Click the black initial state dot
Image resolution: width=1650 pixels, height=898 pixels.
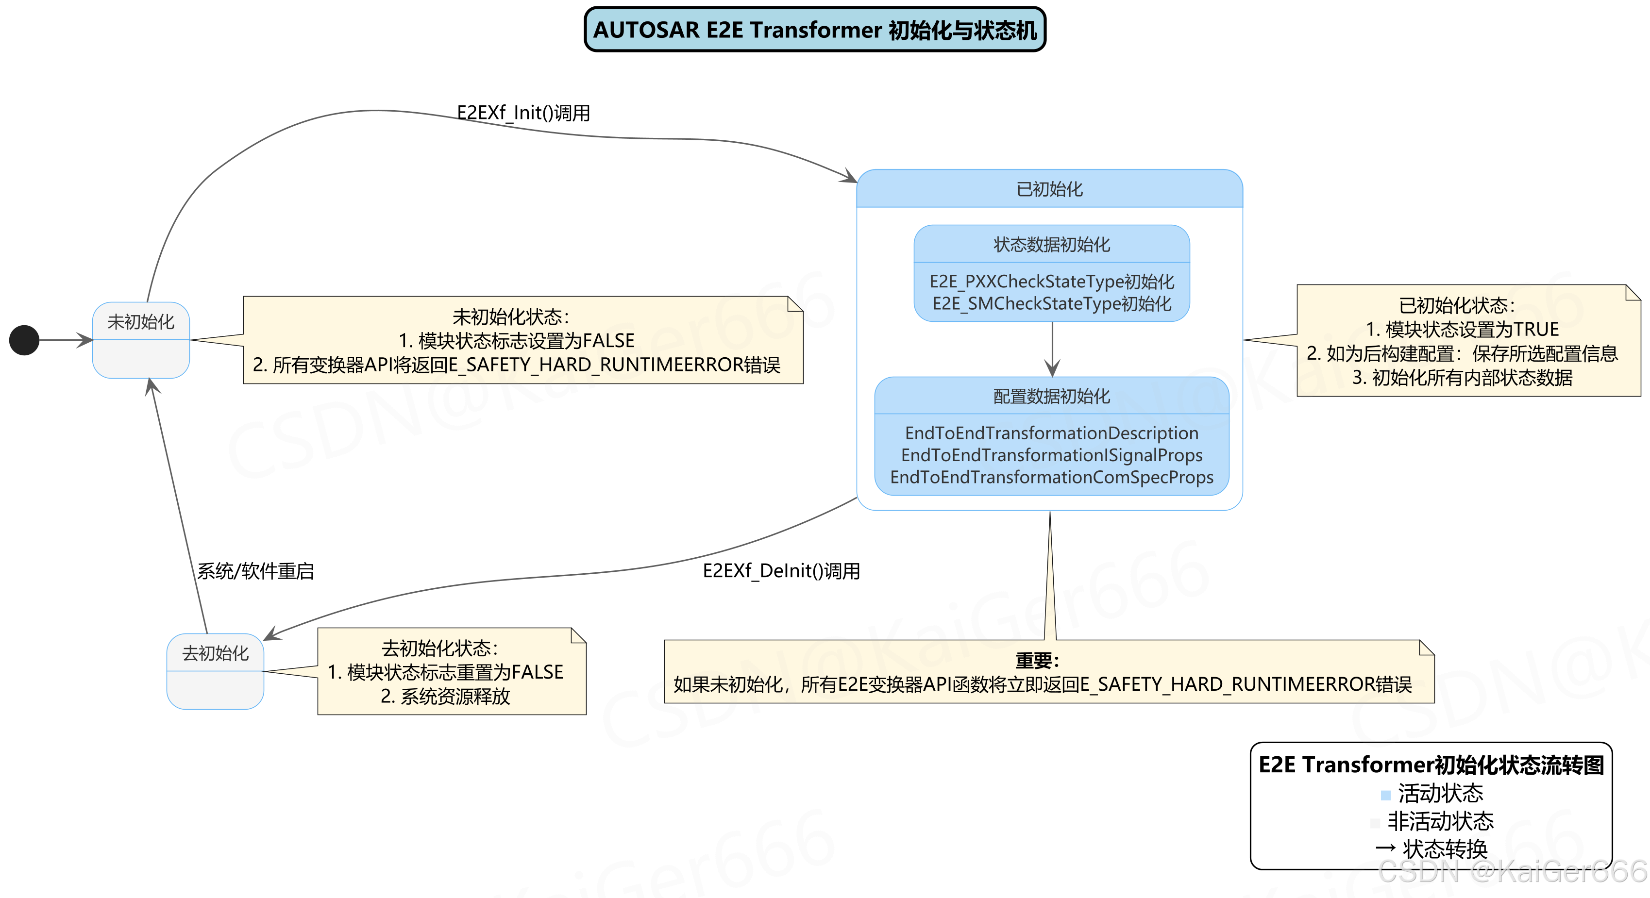pyautogui.click(x=24, y=340)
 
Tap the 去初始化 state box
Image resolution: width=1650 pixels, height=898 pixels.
pyautogui.click(x=215, y=671)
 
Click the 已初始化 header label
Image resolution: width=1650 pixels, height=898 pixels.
pyautogui.click(x=1049, y=190)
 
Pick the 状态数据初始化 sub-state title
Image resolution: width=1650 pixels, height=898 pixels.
pyautogui.click(x=1052, y=245)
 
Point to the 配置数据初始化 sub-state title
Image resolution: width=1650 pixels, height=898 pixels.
pyautogui.click(x=1052, y=397)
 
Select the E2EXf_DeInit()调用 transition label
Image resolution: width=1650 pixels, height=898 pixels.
pyautogui.click(x=781, y=571)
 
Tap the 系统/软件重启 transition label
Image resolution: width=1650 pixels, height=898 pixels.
pyautogui.click(x=255, y=571)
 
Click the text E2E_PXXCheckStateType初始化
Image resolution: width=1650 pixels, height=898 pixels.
pyautogui.click(x=1052, y=282)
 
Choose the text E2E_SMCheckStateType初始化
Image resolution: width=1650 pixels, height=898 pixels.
pyautogui.click(x=1052, y=303)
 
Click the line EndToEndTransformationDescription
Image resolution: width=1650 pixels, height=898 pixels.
pyautogui.click(x=1052, y=433)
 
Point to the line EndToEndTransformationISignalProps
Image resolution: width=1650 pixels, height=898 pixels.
pyautogui.click(x=1052, y=455)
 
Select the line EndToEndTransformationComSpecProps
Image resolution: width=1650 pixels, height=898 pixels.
pyautogui.click(x=1052, y=477)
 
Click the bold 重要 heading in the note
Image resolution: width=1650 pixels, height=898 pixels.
pyautogui.click(x=1037, y=660)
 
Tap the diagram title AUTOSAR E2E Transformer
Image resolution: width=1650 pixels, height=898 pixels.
pyautogui.click(x=815, y=30)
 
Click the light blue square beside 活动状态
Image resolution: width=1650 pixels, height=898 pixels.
pyautogui.click(x=1385, y=796)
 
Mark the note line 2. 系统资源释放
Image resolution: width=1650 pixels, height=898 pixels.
pyautogui.click(x=445, y=696)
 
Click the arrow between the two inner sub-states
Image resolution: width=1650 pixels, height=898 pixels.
pyautogui.click(x=1052, y=349)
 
